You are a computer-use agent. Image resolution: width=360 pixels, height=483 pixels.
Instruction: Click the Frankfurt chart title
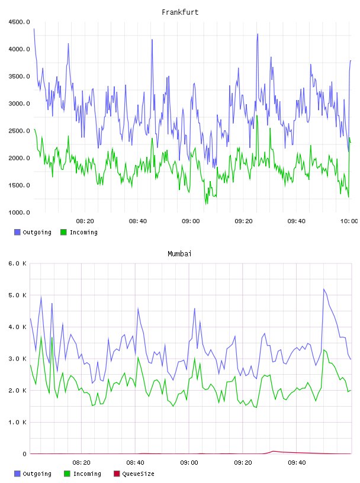tap(180, 12)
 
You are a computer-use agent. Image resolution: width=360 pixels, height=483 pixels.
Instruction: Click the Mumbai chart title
tap(179, 254)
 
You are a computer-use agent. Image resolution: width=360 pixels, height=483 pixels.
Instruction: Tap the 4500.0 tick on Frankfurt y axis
tap(19, 22)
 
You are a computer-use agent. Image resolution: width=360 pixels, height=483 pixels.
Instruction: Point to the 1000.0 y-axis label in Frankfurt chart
tap(19, 212)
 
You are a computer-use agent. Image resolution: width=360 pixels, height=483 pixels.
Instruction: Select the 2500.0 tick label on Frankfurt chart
tap(19, 131)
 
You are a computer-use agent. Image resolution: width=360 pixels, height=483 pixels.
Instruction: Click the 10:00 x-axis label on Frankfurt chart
tap(349, 221)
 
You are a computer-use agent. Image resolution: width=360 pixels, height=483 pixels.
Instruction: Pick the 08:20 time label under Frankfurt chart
tap(85, 221)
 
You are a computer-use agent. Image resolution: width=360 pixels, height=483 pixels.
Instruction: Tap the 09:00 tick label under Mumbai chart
tap(189, 463)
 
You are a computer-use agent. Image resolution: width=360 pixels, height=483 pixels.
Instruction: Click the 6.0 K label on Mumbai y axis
tap(17, 263)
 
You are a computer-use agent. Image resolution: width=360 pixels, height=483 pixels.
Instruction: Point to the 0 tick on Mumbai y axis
tap(24, 454)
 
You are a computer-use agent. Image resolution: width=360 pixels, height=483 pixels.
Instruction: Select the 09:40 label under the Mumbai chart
tap(297, 463)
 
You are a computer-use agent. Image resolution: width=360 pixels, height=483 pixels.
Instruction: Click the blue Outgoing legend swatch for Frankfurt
tap(17, 232)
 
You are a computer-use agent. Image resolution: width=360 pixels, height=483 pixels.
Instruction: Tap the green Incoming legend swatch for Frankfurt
tap(63, 232)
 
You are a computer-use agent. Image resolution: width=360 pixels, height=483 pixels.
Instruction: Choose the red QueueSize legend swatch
tap(117, 474)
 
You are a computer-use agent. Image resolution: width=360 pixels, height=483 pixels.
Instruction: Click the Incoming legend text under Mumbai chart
tap(87, 474)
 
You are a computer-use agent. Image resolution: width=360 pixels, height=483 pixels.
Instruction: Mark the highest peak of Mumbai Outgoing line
tap(324, 289)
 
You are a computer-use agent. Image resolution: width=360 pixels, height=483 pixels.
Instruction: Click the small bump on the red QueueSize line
tap(273, 451)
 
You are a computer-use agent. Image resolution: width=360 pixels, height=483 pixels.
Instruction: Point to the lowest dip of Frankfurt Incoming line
tap(206, 204)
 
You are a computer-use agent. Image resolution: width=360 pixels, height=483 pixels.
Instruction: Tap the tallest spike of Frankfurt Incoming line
tap(257, 116)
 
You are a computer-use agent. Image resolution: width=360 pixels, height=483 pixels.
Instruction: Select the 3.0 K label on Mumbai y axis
tap(17, 359)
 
